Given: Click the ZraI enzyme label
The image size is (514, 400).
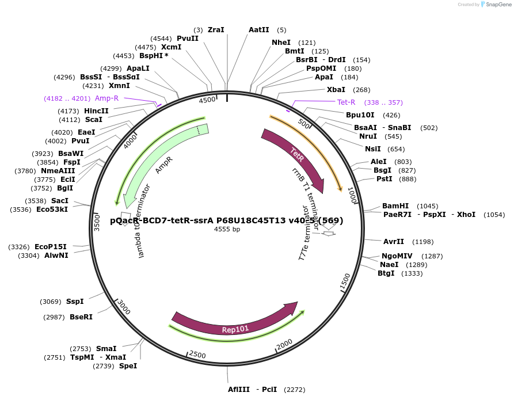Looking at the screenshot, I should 216,29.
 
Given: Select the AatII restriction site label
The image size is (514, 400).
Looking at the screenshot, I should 258,29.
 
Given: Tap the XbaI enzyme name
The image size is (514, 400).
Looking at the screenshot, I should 336,90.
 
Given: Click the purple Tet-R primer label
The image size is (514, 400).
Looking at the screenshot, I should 347,102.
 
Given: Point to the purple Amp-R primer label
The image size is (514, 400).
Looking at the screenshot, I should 107,98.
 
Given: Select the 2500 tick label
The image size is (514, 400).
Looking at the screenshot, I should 197,355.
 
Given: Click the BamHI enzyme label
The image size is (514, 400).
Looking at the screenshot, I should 395,206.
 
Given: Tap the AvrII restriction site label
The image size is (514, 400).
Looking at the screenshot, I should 394,242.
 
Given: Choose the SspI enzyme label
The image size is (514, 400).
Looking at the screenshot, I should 75,302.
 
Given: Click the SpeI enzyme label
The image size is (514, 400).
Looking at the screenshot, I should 128,366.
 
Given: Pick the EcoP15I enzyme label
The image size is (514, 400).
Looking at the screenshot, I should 51,247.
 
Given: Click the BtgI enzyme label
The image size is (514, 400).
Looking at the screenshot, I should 386,273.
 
